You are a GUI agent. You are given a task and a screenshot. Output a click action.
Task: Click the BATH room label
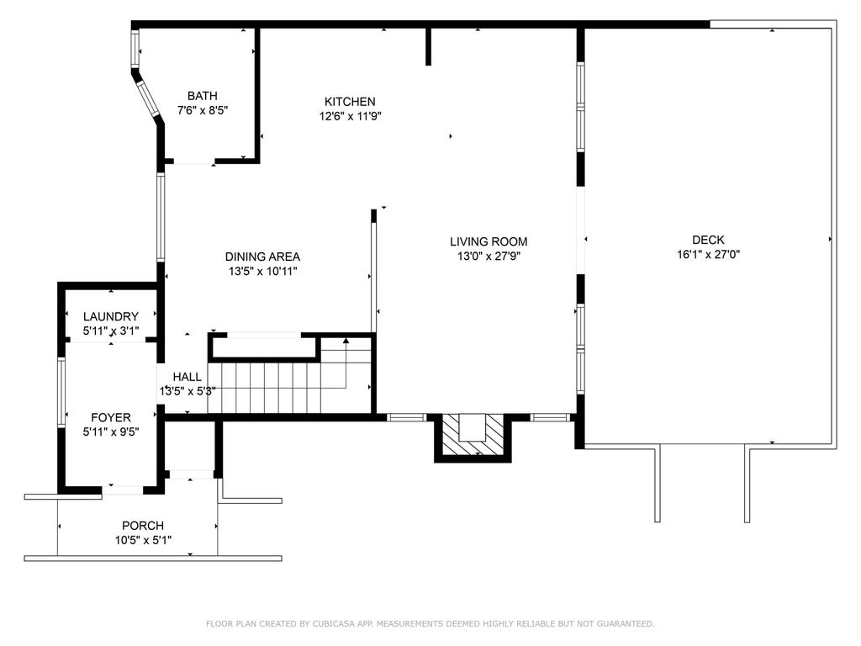pos(202,96)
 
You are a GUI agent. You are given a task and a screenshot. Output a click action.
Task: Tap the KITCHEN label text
pos(350,102)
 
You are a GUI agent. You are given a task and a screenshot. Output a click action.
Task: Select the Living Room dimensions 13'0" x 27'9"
pos(489,256)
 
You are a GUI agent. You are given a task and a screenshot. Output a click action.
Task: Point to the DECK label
pos(708,240)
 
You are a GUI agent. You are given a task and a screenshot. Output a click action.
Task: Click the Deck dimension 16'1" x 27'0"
pos(708,254)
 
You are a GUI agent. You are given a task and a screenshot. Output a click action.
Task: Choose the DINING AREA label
pos(262,257)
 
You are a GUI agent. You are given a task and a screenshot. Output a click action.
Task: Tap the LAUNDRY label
pos(111,316)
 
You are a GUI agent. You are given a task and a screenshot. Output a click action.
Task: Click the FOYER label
pos(111,417)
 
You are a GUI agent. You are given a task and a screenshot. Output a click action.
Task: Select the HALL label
pos(188,377)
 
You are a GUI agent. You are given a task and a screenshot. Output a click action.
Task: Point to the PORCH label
pos(143,526)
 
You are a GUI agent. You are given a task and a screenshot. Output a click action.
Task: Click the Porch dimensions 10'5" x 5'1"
pos(143,540)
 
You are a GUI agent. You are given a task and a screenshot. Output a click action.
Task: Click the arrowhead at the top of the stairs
pos(346,341)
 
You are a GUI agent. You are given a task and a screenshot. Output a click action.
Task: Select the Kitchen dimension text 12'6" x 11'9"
pos(351,116)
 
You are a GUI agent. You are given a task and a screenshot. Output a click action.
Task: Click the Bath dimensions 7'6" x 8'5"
pos(202,110)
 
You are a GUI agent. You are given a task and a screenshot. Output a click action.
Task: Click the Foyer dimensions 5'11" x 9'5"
pos(111,432)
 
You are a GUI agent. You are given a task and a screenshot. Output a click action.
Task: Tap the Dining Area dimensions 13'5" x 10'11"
pos(262,271)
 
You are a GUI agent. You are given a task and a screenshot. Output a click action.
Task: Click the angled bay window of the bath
pos(148,99)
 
